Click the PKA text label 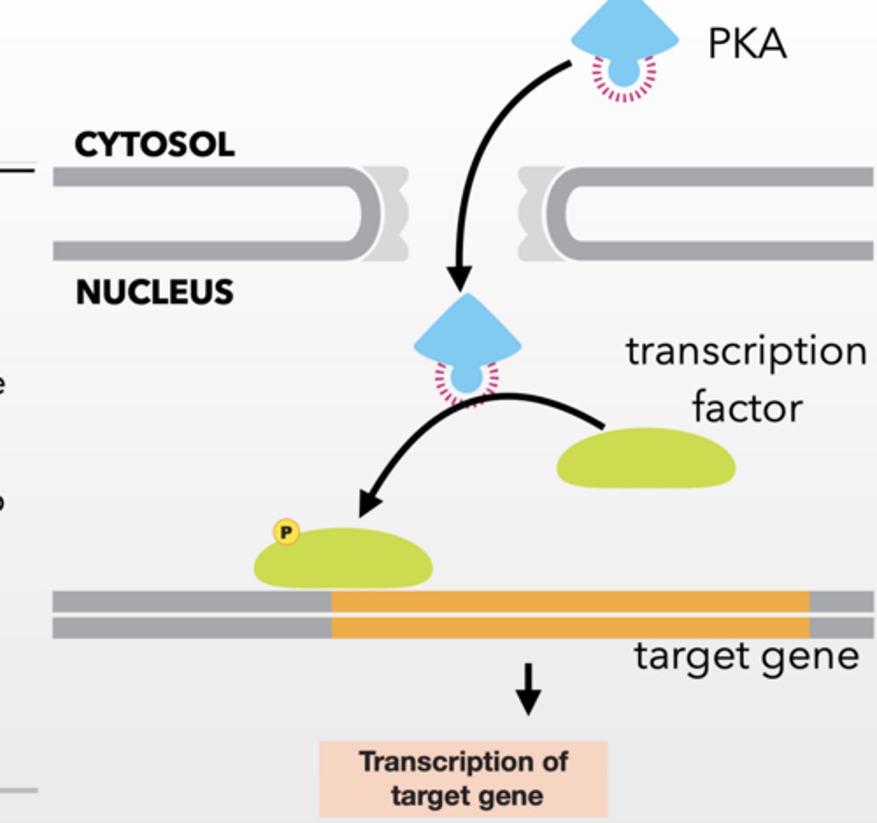tap(747, 45)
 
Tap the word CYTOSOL tap(154, 145)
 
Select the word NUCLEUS tap(154, 293)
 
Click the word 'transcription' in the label tap(746, 352)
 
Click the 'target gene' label tap(746, 656)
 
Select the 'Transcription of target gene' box tap(464, 778)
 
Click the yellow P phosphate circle tap(286, 532)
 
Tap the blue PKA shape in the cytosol tap(624, 31)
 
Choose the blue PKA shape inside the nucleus tap(467, 336)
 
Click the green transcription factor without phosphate tap(646, 459)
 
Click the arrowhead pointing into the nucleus tap(459, 278)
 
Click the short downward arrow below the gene tap(528, 689)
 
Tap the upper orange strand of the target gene tap(569, 601)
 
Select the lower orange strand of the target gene tap(569, 628)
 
